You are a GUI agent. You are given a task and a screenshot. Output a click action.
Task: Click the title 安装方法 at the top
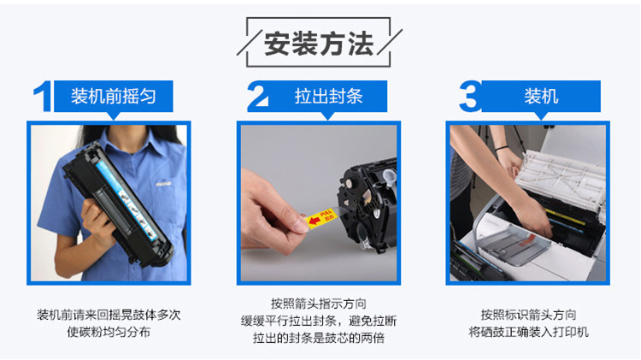tap(319, 44)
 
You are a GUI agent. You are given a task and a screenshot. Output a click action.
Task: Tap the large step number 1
tap(44, 96)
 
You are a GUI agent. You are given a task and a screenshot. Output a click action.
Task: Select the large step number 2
tap(257, 96)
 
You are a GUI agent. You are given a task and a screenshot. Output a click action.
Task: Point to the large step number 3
tap(470, 96)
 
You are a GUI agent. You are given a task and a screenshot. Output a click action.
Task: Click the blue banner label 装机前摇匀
tap(113, 97)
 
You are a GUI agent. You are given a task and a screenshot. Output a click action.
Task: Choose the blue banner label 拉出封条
tap(329, 97)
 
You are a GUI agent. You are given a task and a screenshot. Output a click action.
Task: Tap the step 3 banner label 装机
tap(541, 97)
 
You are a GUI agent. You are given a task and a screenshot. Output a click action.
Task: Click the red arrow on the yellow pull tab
tap(315, 221)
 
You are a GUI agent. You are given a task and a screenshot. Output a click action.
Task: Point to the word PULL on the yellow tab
tap(326, 214)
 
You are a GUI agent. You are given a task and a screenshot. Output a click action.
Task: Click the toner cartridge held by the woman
tap(119, 204)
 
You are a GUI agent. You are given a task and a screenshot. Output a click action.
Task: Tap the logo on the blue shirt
tap(163, 184)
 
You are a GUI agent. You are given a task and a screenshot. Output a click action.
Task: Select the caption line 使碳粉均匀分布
tap(109, 332)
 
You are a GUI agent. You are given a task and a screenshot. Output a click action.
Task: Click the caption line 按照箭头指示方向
tap(319, 304)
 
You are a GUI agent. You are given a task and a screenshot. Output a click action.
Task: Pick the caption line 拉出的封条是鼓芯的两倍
tap(319, 338)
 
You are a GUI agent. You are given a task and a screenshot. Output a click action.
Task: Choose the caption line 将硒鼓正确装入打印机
tap(528, 332)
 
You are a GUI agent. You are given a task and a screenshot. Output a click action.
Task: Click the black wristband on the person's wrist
tap(502, 148)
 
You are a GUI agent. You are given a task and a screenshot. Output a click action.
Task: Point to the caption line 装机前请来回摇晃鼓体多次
tap(109, 315)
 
